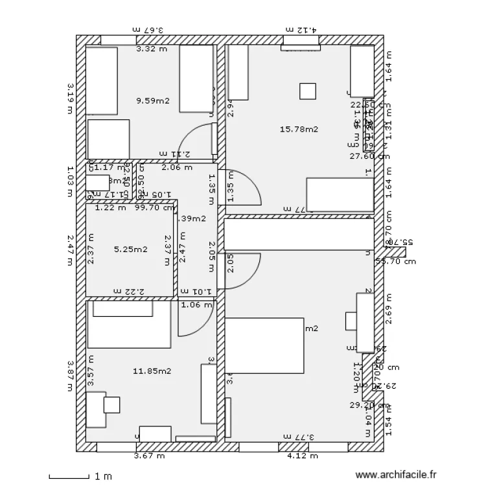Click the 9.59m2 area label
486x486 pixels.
click(152, 100)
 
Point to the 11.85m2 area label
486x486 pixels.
click(152, 371)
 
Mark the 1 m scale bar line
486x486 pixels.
click(69, 478)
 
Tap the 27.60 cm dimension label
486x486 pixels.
click(369, 156)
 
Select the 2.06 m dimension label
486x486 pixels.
click(176, 167)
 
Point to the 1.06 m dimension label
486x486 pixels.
click(196, 305)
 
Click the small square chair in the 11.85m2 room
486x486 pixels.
click(112, 405)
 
